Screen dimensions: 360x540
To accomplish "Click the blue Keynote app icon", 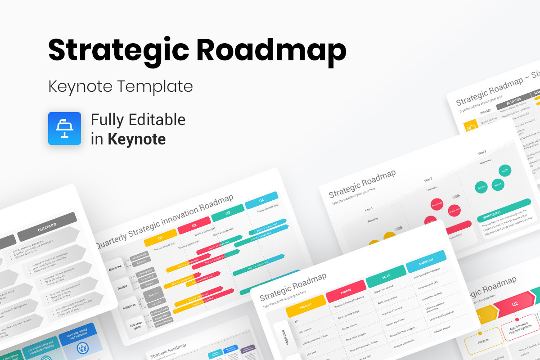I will click(64, 128).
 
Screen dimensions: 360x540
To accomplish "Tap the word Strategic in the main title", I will click(118, 50).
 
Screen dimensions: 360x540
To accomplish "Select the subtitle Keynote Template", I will click(121, 86).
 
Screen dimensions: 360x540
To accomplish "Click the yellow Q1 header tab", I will click(159, 238).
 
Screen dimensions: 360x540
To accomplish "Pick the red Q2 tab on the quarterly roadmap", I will click(194, 225).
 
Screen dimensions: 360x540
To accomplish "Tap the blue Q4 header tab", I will click(261, 201).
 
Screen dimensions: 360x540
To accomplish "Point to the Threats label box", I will click(121, 287).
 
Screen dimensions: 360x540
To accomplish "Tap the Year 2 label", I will click(427, 180).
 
